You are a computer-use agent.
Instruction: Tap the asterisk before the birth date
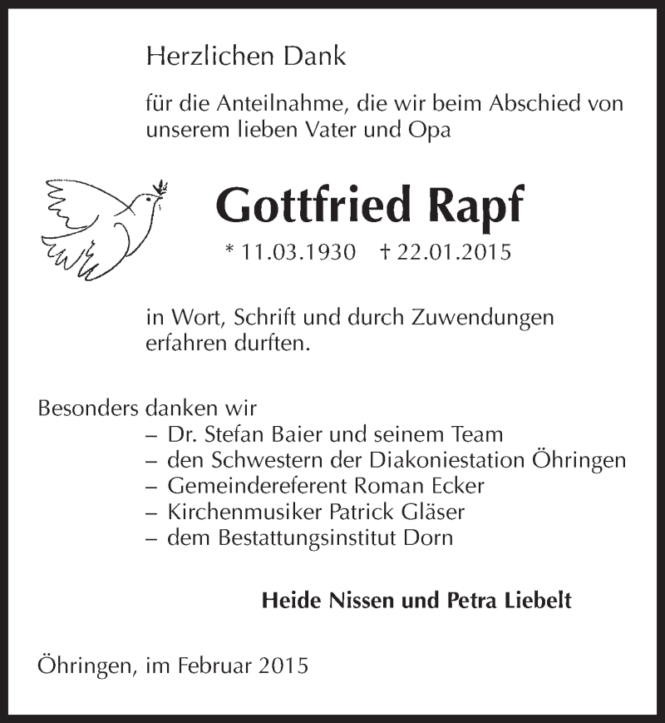pos(229,250)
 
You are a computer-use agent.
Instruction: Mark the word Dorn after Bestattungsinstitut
pos(428,537)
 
